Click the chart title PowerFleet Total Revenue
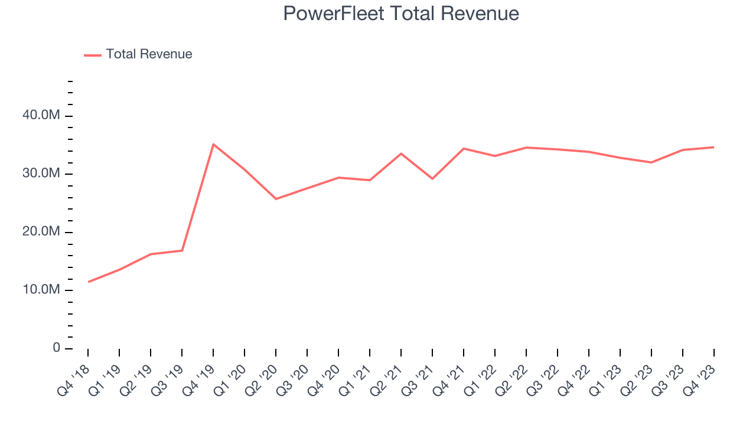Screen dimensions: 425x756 click(x=401, y=14)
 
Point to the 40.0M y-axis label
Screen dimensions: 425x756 click(x=41, y=116)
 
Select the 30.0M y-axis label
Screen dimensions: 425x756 click(x=41, y=174)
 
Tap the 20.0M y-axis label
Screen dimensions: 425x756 click(x=41, y=232)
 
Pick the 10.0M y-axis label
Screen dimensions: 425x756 click(x=41, y=290)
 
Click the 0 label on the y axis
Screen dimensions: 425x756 click(x=56, y=348)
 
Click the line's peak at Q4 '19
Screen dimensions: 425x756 click(x=213, y=144)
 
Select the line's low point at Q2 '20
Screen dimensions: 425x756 click(x=276, y=199)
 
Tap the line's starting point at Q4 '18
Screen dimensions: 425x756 click(x=89, y=282)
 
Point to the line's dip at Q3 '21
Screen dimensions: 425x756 click(x=432, y=178)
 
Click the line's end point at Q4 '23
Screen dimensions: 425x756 click(x=713, y=147)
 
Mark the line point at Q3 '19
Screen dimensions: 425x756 click(x=182, y=250)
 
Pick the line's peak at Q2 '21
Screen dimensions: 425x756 click(x=401, y=153)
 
